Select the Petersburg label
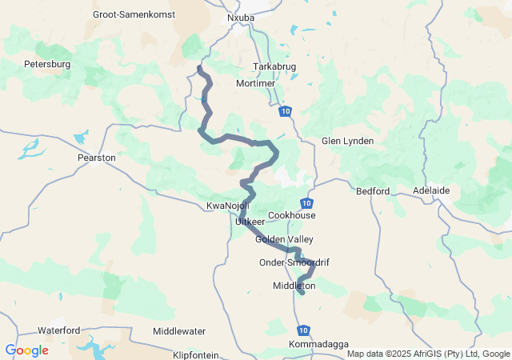(48, 63)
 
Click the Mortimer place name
(256, 83)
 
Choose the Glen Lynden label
(347, 141)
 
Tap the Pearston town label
(97, 158)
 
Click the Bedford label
(373, 191)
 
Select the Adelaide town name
(432, 191)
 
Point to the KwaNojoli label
(228, 206)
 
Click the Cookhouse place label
(292, 215)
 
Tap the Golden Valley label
(284, 239)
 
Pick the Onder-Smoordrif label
(294, 262)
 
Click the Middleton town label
(294, 286)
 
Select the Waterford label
(58, 330)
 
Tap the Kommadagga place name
(318, 345)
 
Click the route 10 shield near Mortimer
(286, 111)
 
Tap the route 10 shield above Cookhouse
(308, 203)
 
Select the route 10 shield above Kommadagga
(302, 330)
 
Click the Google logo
(26, 350)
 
